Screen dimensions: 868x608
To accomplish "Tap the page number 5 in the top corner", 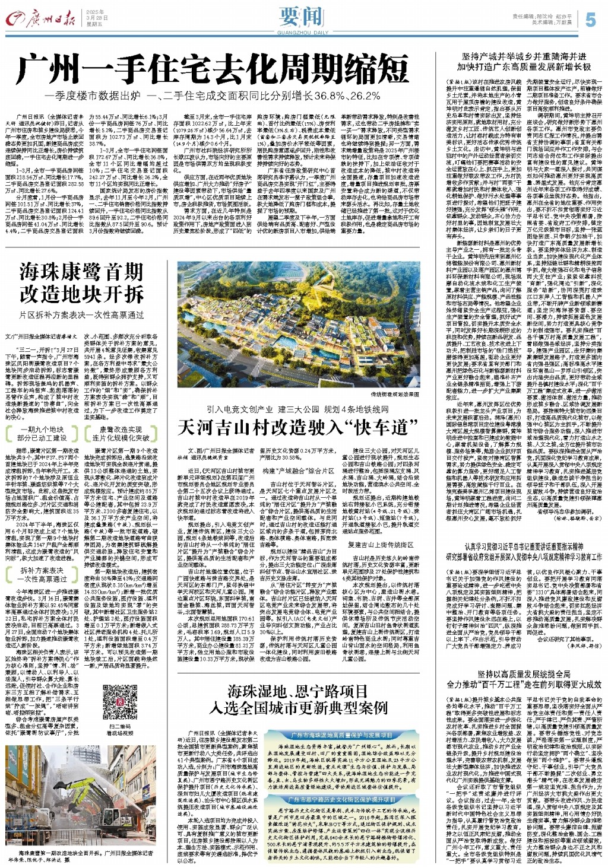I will pyautogui.click(x=590, y=20).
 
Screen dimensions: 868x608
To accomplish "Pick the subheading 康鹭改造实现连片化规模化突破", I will pyautogui.click(x=121, y=433).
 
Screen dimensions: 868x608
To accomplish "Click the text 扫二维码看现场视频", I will pyautogui.click(x=121, y=730).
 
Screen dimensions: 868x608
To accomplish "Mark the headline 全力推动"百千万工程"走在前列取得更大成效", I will pyautogui.click(x=524, y=684).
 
